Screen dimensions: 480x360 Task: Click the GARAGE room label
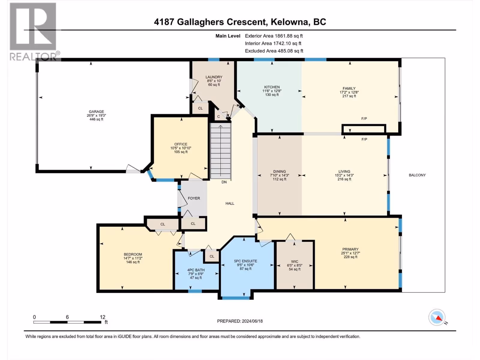[96, 112]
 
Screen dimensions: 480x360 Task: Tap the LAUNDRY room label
[214, 77]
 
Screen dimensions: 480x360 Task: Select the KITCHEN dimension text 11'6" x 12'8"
[272, 91]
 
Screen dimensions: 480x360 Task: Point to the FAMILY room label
[349, 88]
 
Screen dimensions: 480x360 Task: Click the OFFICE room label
[181, 144]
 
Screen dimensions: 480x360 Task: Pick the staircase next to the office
[220, 151]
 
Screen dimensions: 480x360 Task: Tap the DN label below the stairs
[224, 182]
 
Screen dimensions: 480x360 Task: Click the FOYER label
[194, 198]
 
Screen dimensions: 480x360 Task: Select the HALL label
[230, 203]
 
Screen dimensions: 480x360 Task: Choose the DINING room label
[280, 172]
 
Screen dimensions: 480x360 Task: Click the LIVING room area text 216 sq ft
[344, 179]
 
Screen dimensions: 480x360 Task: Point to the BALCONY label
[417, 175]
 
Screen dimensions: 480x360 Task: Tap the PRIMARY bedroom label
[350, 249]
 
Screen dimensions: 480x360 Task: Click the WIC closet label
[295, 262]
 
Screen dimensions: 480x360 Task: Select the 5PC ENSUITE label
[246, 261]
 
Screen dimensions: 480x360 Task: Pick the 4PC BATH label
[196, 270]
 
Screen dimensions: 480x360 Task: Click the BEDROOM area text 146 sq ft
[133, 262]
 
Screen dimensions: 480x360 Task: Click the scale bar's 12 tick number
[103, 317]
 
